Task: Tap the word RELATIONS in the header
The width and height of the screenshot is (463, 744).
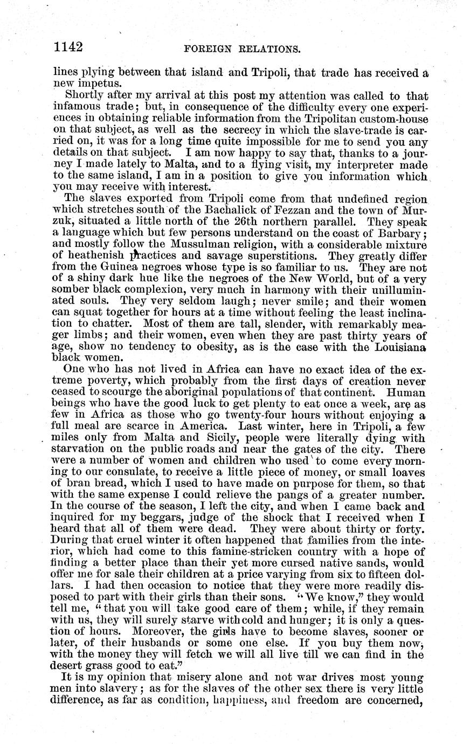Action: tap(267, 49)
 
